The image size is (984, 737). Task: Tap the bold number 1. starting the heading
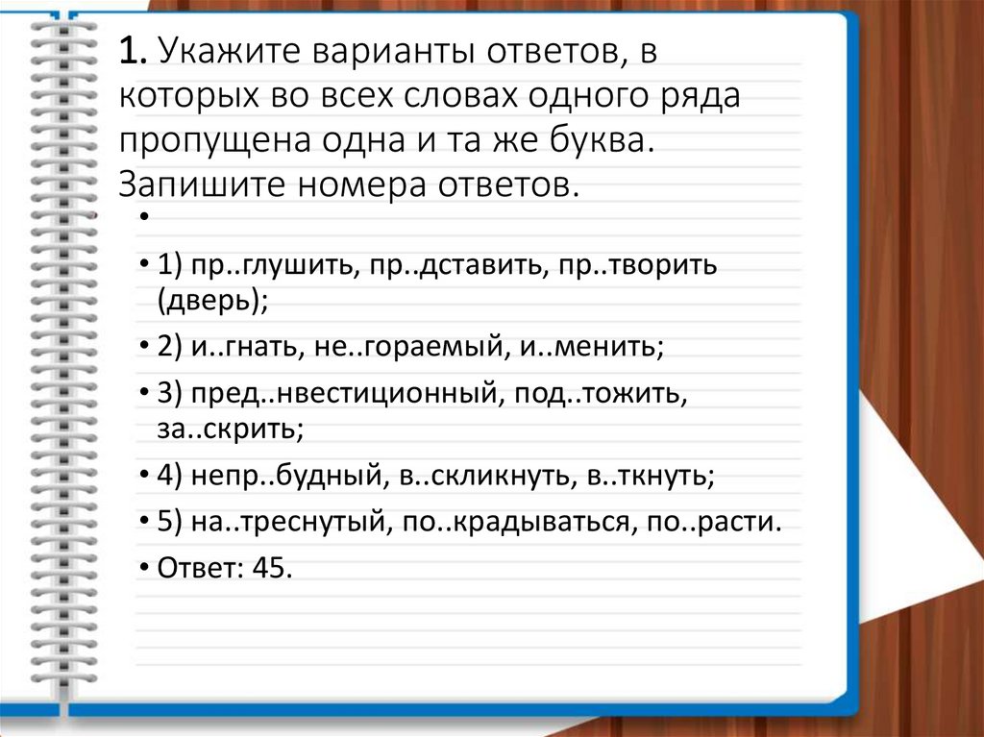[x=133, y=58]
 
